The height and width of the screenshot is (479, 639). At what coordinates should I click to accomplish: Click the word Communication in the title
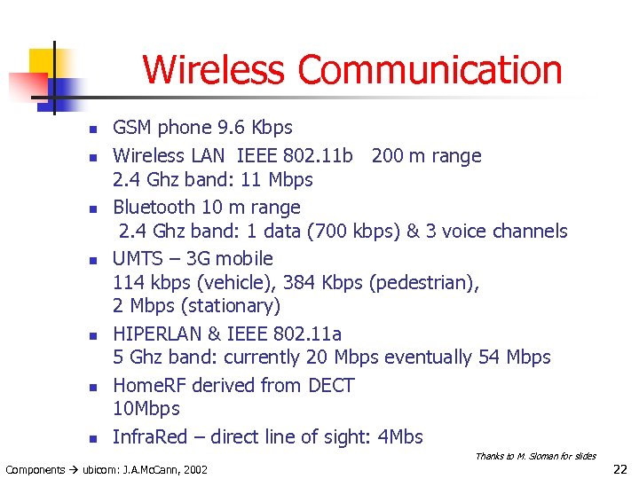coord(430,70)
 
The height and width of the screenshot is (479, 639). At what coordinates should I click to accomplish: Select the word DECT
coord(331,386)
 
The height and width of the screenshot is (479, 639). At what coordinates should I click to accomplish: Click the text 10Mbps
coord(146,409)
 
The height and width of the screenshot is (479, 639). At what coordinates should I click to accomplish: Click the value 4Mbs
coord(399,437)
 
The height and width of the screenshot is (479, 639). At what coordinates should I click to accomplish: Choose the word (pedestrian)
coord(423,283)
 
